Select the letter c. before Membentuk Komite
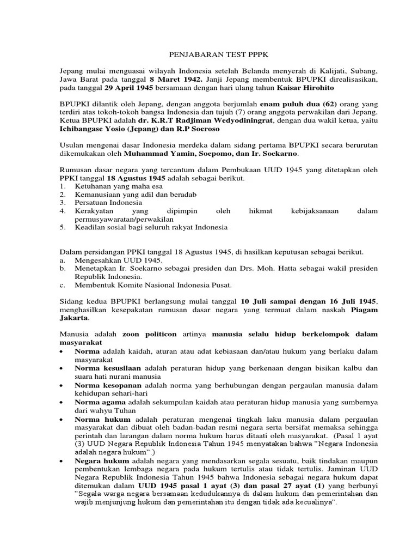[62, 284]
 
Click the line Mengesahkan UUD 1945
[111, 260]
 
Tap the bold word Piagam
[363, 309]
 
